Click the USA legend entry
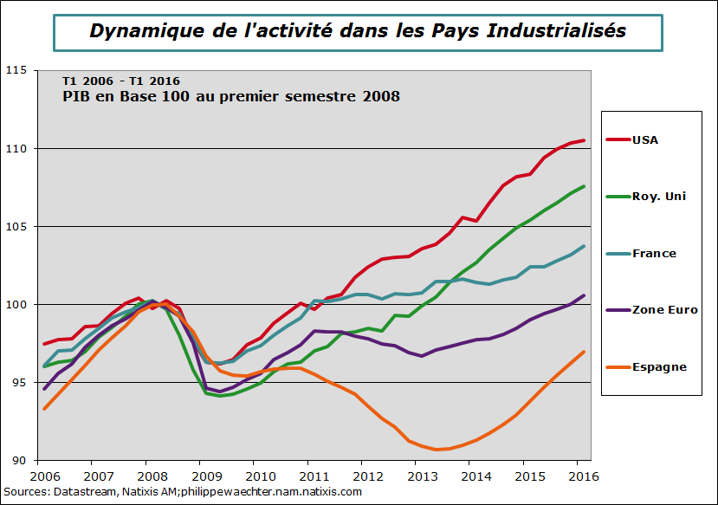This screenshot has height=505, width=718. (645, 139)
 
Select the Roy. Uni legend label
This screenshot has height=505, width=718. (658, 196)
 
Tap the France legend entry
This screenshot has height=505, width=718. (654, 253)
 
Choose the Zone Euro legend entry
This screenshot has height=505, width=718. (664, 309)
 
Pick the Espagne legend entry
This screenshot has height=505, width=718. (659, 366)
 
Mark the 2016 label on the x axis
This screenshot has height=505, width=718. (584, 476)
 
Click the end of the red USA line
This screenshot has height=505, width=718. (585, 140)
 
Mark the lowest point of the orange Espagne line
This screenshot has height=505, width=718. (437, 450)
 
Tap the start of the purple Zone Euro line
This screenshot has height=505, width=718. (44, 389)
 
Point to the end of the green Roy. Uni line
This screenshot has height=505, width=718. (585, 186)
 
